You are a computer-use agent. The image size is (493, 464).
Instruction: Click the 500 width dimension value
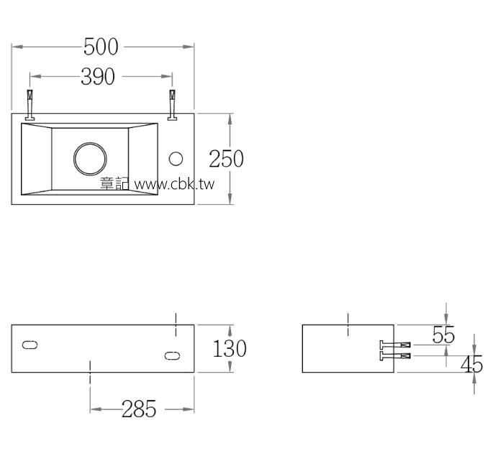click(x=101, y=47)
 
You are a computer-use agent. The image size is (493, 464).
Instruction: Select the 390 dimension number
click(x=97, y=76)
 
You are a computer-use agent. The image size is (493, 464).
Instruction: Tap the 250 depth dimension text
click(x=226, y=158)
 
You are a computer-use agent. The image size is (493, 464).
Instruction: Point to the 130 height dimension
click(x=230, y=349)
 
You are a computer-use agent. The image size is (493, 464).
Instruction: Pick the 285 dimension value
click(x=139, y=409)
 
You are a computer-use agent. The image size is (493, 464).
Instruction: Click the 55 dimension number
click(x=443, y=335)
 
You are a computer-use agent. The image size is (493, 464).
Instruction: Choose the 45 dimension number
click(x=471, y=365)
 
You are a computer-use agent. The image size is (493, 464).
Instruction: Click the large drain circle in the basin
click(x=89, y=158)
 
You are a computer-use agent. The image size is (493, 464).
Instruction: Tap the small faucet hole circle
click(x=176, y=158)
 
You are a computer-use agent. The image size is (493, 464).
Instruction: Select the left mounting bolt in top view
click(x=30, y=105)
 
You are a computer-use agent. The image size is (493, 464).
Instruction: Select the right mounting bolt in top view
click(x=172, y=105)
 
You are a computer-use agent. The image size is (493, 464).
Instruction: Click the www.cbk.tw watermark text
click(x=175, y=184)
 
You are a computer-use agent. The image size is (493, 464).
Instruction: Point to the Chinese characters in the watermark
click(x=114, y=184)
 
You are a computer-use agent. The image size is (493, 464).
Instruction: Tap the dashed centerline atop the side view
click(x=348, y=324)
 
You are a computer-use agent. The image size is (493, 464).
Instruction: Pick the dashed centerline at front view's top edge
click(x=177, y=324)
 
